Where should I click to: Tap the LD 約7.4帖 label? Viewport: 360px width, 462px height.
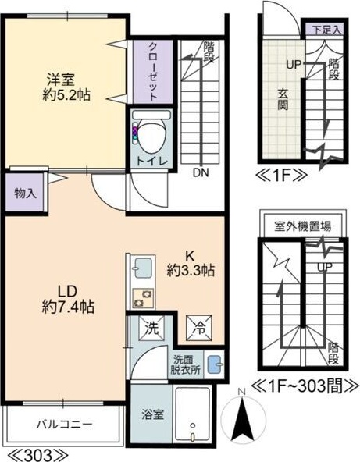69,297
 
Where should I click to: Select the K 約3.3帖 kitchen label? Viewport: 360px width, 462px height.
190,263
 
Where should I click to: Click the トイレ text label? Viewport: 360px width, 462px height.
151,162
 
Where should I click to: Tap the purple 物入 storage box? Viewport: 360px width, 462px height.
26,193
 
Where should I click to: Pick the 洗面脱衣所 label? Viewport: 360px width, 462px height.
186,365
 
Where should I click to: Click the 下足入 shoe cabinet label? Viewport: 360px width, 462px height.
326,30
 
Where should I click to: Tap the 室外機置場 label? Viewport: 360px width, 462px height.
302,227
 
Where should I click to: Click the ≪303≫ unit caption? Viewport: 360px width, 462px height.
30,453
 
